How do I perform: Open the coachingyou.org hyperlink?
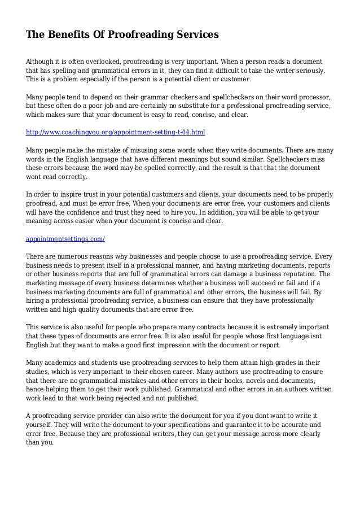tap(116, 132)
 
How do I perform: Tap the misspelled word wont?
tap(35, 176)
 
